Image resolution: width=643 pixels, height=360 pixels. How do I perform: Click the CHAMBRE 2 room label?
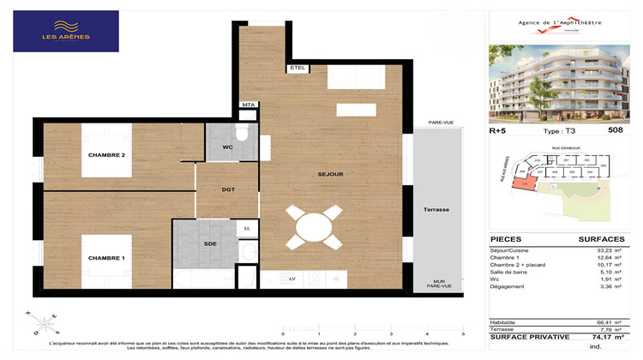pos(107,155)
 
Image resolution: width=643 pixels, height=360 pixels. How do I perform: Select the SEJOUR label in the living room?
pos(330,175)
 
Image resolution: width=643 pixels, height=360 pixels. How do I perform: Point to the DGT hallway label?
pos(228,189)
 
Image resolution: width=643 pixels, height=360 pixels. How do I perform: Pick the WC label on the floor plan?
pos(227,147)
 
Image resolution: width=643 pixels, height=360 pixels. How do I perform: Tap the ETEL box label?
pos(298,67)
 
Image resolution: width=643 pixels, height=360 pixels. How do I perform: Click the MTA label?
pos(249,105)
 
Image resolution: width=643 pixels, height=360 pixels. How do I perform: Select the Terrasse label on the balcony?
pos(436,210)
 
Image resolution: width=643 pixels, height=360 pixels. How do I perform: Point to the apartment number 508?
pos(615,130)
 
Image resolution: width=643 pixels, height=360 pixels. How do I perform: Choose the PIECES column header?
pos(506,239)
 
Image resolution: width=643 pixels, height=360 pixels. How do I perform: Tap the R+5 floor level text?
pos(498,130)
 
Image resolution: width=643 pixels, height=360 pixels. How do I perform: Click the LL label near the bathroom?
pos(247,229)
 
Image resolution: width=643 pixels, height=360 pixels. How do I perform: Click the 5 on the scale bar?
pos(463,334)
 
